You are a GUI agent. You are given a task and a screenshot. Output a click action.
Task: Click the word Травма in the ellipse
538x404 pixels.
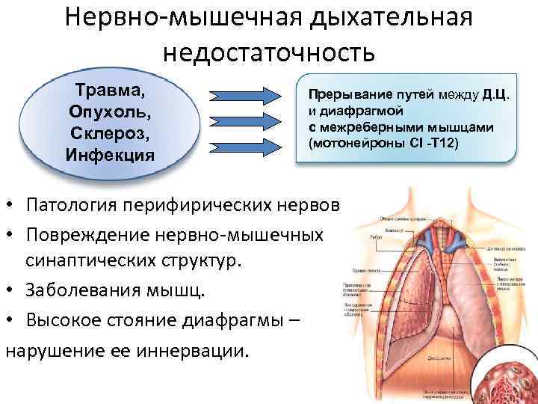click(111, 92)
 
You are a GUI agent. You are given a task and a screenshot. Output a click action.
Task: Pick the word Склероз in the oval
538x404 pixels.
click(110, 135)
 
